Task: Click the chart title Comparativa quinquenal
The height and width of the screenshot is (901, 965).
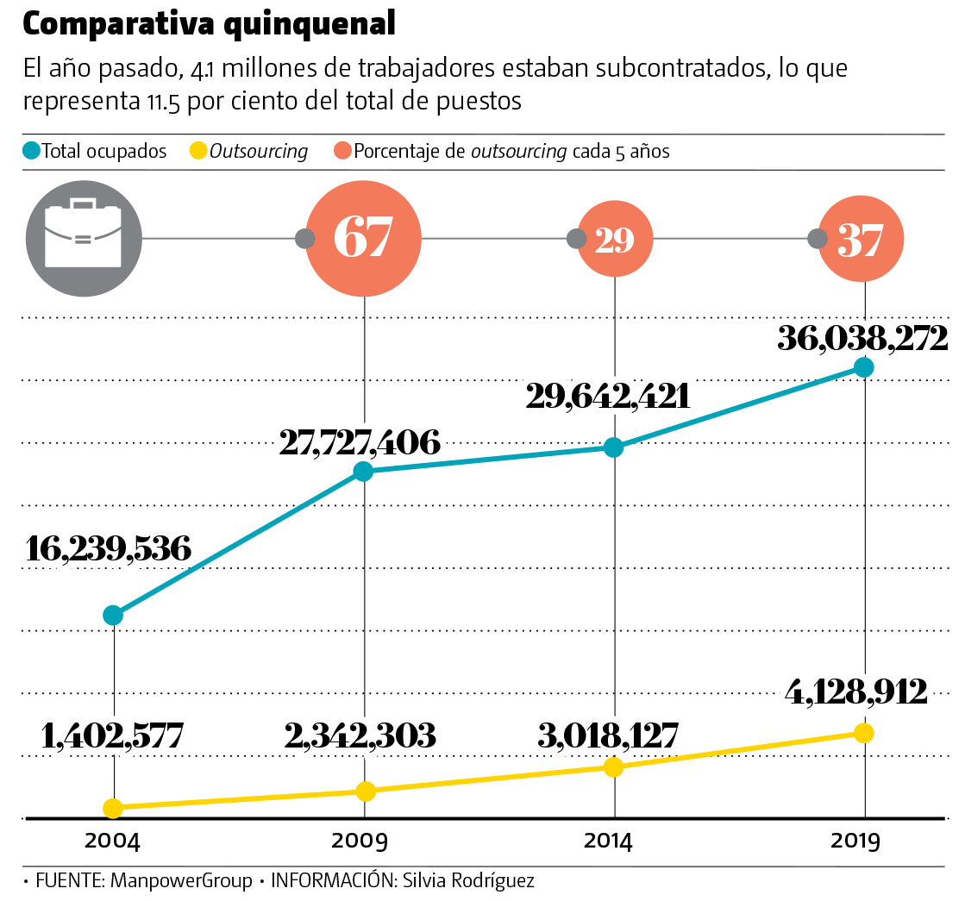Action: (x=209, y=25)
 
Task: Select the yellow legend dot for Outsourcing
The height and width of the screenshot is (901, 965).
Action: (x=198, y=152)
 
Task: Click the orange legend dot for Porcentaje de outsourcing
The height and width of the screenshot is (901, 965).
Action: (x=342, y=152)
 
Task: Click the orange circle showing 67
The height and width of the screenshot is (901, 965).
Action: (x=363, y=239)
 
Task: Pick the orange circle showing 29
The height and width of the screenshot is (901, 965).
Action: (x=614, y=240)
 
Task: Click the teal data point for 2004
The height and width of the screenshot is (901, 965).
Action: (x=113, y=615)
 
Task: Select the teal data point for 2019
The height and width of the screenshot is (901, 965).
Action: (x=863, y=367)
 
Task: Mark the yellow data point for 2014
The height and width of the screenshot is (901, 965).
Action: (x=613, y=766)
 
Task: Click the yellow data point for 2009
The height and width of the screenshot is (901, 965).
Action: (x=365, y=791)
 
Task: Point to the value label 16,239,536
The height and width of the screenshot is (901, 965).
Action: (x=110, y=548)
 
